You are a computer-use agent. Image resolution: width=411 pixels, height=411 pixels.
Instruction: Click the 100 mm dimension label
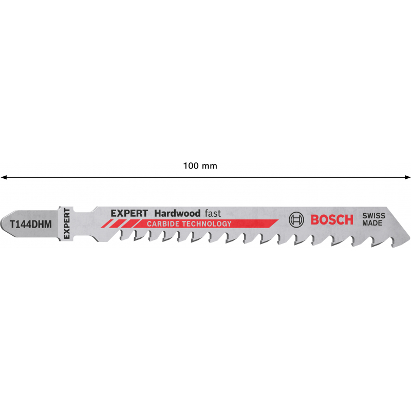(x=200, y=166)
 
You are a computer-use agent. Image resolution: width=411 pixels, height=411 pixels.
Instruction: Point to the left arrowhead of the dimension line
(x=4, y=177)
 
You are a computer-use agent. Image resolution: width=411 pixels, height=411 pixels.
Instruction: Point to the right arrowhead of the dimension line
(x=407, y=177)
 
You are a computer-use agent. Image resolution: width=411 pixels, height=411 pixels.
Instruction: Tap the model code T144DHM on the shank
(x=31, y=225)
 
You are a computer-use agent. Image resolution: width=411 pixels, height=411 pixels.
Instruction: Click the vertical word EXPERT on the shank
(x=67, y=223)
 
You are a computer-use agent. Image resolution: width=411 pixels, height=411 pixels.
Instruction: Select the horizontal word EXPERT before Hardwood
(x=129, y=213)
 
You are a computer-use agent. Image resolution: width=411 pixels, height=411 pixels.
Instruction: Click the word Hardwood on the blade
(x=177, y=213)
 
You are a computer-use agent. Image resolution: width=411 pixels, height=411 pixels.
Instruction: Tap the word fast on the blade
(x=213, y=213)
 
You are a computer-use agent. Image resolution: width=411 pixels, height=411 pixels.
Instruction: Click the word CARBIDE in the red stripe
(x=163, y=224)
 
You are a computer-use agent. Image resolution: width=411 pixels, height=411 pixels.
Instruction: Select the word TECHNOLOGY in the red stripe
(x=207, y=224)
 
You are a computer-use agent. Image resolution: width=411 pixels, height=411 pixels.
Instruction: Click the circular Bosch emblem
(x=296, y=220)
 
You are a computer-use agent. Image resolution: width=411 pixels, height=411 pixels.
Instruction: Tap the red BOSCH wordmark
(x=332, y=220)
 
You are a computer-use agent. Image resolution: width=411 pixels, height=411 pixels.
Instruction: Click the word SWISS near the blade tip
(x=374, y=216)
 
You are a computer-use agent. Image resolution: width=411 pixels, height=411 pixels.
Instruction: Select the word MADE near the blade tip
(x=372, y=223)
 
